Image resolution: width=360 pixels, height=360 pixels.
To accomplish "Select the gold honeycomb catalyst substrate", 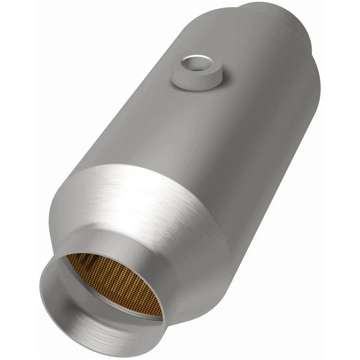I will (116, 281).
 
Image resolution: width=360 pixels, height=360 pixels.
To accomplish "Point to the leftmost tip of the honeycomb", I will (67, 256).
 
